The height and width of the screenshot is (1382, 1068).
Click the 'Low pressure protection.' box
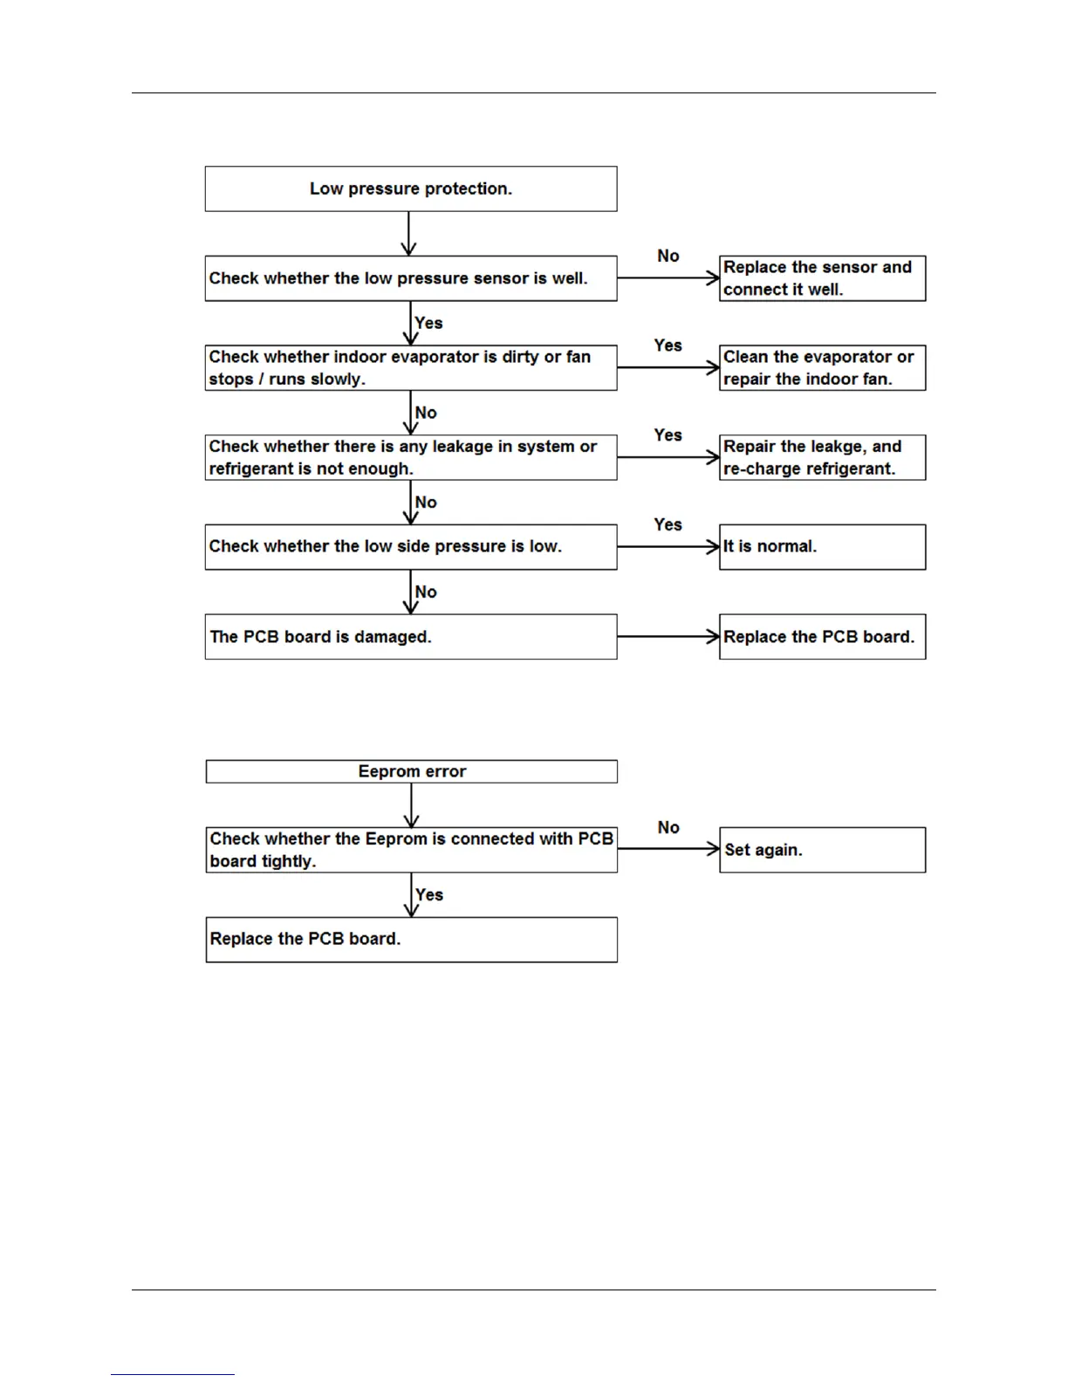[x=411, y=189]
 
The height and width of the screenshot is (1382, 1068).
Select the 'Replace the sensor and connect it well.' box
[x=822, y=278]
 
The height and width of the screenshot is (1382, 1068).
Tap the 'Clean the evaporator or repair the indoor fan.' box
[x=822, y=368]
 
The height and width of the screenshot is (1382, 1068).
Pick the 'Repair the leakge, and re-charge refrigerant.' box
[x=822, y=457]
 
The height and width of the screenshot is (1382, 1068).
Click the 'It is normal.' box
[x=822, y=547]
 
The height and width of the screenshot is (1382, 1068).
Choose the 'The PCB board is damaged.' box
[x=411, y=637]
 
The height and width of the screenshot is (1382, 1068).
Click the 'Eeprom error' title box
[x=412, y=771]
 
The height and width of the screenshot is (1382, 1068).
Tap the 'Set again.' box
[x=822, y=850]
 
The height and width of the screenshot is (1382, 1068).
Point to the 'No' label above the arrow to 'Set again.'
[x=668, y=827]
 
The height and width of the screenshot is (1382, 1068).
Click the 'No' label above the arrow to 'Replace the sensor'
[x=668, y=256]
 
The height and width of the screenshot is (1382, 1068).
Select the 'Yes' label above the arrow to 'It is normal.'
[x=668, y=524]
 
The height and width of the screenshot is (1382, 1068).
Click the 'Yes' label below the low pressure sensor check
[x=428, y=323]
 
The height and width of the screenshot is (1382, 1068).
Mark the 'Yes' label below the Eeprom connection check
[x=429, y=894]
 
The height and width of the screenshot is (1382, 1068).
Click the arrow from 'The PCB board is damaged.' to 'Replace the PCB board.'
[x=668, y=637]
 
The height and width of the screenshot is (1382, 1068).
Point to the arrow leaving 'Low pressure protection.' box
[x=408, y=233]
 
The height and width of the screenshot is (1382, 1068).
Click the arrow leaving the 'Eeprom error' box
[x=412, y=804]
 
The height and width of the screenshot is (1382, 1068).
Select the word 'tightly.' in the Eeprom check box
[x=287, y=861]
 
